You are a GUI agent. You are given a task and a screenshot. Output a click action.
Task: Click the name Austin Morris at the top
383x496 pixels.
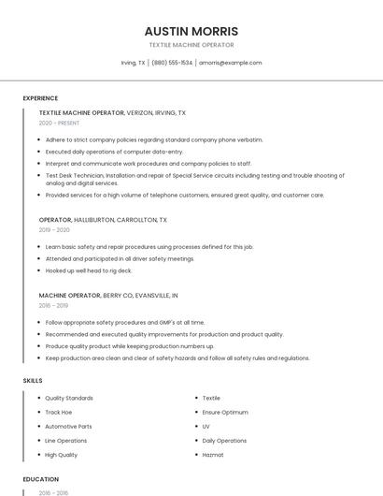(x=191, y=31)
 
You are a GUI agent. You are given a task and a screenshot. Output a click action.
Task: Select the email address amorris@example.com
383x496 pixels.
(x=231, y=63)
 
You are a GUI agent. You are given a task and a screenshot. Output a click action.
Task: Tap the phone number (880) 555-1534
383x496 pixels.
(x=172, y=63)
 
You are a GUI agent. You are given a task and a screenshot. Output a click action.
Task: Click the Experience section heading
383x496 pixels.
(x=40, y=98)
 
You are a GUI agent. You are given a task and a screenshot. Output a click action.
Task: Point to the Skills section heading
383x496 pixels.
(x=33, y=381)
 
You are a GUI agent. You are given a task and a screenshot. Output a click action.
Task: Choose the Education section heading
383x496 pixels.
(x=41, y=479)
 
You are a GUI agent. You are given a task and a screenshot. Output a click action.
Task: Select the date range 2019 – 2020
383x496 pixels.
(x=54, y=229)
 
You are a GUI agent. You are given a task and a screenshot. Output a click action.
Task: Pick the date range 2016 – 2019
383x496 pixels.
(x=53, y=305)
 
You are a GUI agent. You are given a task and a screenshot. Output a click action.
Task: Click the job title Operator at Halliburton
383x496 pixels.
(x=55, y=220)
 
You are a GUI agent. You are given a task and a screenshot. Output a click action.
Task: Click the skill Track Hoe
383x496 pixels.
(x=59, y=412)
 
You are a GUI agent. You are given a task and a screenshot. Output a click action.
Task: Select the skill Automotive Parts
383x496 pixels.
(x=68, y=427)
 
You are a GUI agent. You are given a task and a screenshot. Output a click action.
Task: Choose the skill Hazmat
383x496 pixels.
(x=214, y=455)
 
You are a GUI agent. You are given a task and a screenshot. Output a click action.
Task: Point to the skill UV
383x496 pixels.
(x=206, y=427)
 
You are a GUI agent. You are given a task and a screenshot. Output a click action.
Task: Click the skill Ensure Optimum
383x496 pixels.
(x=225, y=412)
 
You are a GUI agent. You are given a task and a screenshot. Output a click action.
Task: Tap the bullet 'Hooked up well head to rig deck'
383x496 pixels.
(x=88, y=270)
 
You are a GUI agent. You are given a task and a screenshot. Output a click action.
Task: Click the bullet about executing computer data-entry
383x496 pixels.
(x=114, y=152)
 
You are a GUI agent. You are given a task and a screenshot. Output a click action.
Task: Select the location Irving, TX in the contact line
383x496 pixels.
(x=134, y=63)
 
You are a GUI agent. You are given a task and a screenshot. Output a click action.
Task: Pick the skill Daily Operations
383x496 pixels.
(x=224, y=441)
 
